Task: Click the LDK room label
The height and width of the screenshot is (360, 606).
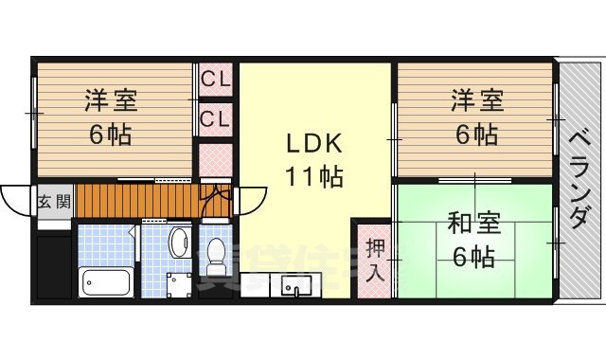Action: [x=313, y=143]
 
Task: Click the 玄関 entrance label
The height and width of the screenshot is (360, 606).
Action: [x=53, y=202]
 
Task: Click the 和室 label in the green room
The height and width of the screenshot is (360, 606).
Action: [x=471, y=225]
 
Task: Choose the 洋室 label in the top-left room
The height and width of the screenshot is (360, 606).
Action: [x=110, y=99]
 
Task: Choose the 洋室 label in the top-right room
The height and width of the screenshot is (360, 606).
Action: [x=474, y=99]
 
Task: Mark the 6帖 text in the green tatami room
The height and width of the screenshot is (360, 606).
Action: [x=471, y=256]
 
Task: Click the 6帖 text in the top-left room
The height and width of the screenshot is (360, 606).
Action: [x=110, y=134]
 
